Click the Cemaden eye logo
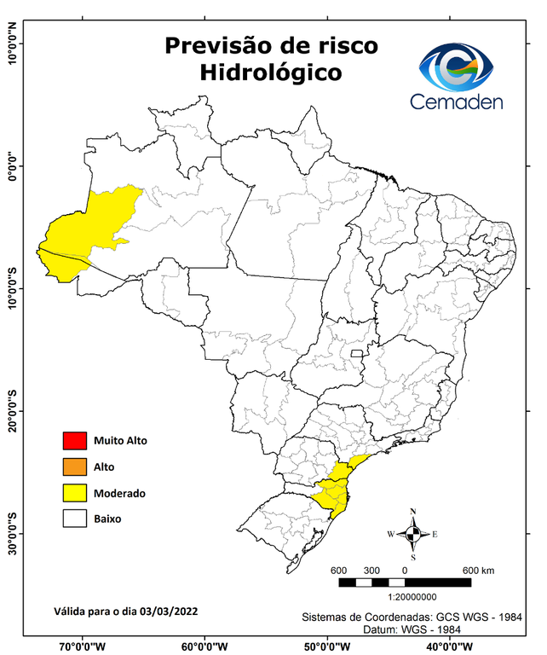coord(460,67)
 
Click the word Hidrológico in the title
coord(271,72)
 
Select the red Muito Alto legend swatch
coord(75,441)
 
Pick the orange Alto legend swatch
coord(75,467)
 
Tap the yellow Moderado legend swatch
coord(75,493)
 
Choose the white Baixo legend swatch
coord(75,519)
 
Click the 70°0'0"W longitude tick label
coord(83,646)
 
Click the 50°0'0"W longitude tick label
coord(328,646)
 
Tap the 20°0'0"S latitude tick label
coord(12,411)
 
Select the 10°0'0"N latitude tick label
coord(12,44)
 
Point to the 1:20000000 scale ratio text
coord(412,598)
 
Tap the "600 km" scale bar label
coord(478,571)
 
